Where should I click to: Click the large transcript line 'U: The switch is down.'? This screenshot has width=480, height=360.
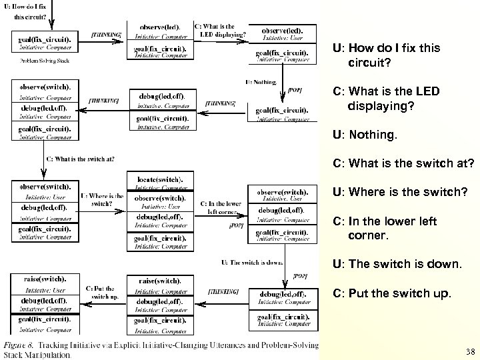[x=396, y=264]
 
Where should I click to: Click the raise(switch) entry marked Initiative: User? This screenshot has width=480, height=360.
[x=45, y=283]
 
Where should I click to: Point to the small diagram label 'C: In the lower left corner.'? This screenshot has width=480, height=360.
[x=223, y=207]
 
